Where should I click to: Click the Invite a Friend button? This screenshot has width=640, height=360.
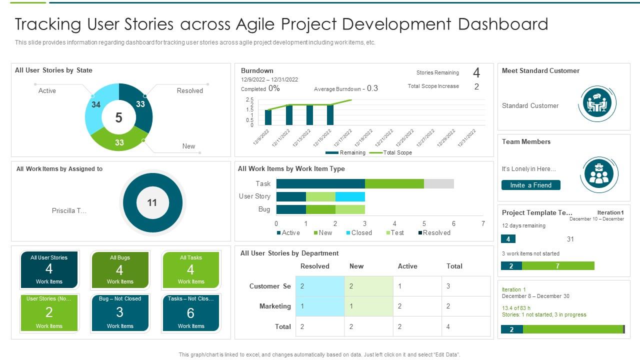530,185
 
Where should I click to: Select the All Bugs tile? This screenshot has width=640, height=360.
120,270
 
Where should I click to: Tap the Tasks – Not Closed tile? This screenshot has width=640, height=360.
191,313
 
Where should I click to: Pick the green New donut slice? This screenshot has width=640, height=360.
119,140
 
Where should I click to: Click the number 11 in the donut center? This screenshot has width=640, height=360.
152,202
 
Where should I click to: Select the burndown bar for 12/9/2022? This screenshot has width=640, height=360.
268,117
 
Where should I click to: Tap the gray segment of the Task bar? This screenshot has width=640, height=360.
438,183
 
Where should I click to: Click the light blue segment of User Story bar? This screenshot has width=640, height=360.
350,196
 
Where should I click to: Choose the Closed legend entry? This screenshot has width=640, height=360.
358,232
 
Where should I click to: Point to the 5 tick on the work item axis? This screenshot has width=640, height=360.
424,223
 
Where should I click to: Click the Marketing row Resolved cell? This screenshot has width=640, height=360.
320,306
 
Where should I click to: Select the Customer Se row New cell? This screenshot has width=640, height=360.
368,286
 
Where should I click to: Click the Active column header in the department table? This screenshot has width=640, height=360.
407,266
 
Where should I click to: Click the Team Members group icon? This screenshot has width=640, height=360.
597,173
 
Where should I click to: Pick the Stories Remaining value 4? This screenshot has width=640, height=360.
476,73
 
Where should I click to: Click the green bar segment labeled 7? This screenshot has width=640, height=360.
558,266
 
